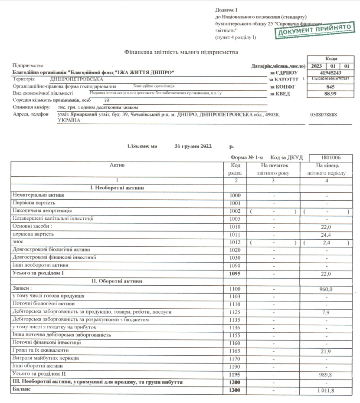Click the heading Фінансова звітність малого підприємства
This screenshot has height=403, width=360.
coord(180,52)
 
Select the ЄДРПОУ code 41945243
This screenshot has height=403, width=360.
coord(329,73)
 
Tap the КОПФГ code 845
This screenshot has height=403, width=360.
coord(329,86)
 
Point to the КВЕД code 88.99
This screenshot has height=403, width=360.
coord(329,93)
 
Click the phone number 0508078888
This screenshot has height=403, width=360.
coord(324,115)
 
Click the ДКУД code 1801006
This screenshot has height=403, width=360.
coord(331,157)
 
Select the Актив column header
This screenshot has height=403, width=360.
coord(117,165)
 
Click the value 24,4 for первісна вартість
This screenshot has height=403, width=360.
coord(325,235)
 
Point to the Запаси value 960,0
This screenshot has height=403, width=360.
coord(325,288)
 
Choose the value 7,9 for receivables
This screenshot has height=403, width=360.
coord(325,312)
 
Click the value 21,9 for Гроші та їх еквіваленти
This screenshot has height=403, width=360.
coord(325,350)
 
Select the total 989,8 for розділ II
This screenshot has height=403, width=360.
coord(325,374)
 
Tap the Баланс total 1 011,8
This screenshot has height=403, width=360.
coord(324,391)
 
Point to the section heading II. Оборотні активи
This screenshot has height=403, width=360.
coord(117,281)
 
